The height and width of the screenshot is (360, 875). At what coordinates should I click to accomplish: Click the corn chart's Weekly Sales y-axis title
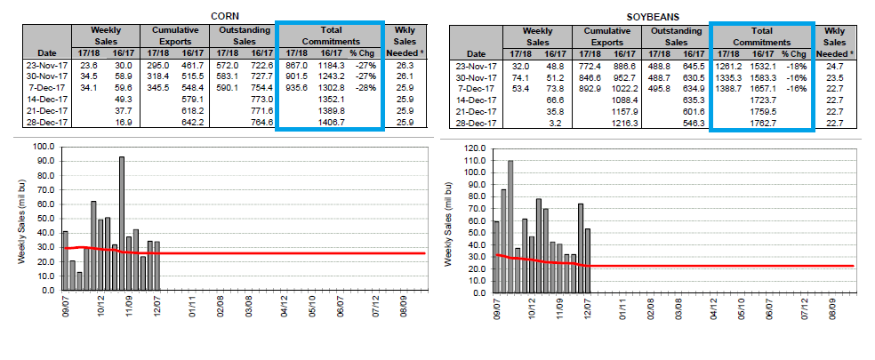pyautogui.click(x=21, y=226)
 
